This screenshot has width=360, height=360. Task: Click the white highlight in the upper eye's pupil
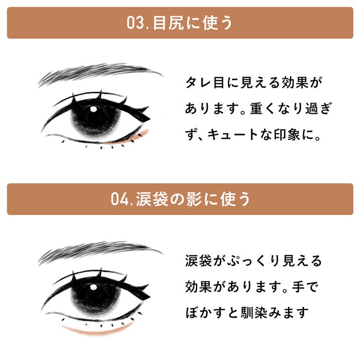coord(93,109)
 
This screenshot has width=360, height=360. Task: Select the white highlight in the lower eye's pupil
coord(93,287)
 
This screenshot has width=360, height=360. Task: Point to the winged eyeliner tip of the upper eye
coord(150,119)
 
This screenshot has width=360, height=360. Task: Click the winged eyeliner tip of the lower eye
coord(150,297)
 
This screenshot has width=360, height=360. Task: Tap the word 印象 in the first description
coord(288,134)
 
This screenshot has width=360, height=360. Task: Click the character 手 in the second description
coord(299,287)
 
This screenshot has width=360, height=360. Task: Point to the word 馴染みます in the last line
coord(274,313)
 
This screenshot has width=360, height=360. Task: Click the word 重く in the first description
coord(263,108)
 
